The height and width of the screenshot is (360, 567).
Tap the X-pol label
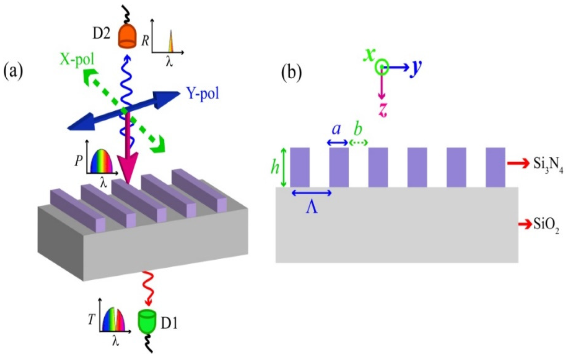pos(77,59)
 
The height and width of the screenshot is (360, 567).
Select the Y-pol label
pos(203,94)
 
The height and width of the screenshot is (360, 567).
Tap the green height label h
pos(275,167)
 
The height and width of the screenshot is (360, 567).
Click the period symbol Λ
pos(312,208)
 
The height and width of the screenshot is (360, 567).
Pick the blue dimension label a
pos(337,129)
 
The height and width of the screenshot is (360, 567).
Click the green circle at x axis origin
pos(382,67)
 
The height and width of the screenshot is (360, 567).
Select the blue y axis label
pos(416,68)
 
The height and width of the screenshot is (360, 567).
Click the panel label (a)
pos(13,72)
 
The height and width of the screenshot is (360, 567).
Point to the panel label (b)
pos(291,72)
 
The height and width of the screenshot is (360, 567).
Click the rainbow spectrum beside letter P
pos(101,161)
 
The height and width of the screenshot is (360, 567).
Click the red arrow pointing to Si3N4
pos(518,163)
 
